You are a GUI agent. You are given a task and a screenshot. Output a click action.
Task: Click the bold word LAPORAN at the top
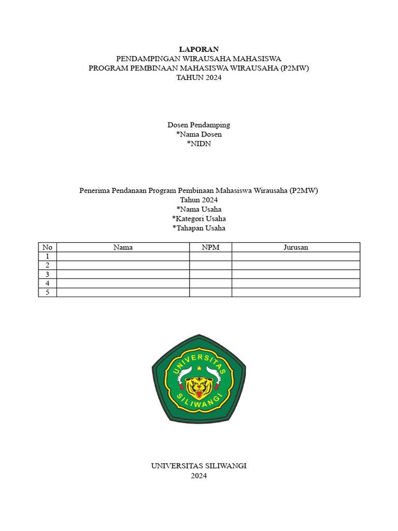(x=199, y=49)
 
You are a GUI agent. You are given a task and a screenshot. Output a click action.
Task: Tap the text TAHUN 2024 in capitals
(x=199, y=77)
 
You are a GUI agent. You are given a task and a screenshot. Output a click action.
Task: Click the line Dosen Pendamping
(x=199, y=125)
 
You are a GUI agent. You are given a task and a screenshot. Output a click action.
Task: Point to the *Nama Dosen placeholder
(x=199, y=134)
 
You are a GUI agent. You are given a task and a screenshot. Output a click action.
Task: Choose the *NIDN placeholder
(x=199, y=144)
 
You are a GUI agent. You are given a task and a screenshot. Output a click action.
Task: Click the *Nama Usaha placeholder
(x=199, y=209)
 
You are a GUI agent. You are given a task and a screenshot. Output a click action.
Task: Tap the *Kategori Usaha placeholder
(x=199, y=218)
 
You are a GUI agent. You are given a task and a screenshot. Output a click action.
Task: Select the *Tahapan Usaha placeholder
(x=199, y=228)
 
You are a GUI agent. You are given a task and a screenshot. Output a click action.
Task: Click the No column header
(x=48, y=247)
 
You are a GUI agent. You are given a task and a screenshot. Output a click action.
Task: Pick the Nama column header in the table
(x=123, y=247)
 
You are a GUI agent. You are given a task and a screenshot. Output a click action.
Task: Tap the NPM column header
(x=210, y=247)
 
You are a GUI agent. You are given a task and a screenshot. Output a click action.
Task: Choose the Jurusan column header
(x=295, y=247)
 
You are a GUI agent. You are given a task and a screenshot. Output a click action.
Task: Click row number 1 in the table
(x=48, y=256)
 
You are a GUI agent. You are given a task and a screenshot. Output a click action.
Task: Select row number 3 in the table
(x=48, y=274)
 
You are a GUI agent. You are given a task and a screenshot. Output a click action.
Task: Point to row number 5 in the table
(x=48, y=292)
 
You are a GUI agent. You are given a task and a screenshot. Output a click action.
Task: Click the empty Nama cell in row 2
(x=123, y=265)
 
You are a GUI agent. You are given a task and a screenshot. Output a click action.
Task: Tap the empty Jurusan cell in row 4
(x=295, y=283)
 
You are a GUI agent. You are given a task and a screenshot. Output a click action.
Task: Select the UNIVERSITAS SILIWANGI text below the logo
(x=199, y=466)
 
